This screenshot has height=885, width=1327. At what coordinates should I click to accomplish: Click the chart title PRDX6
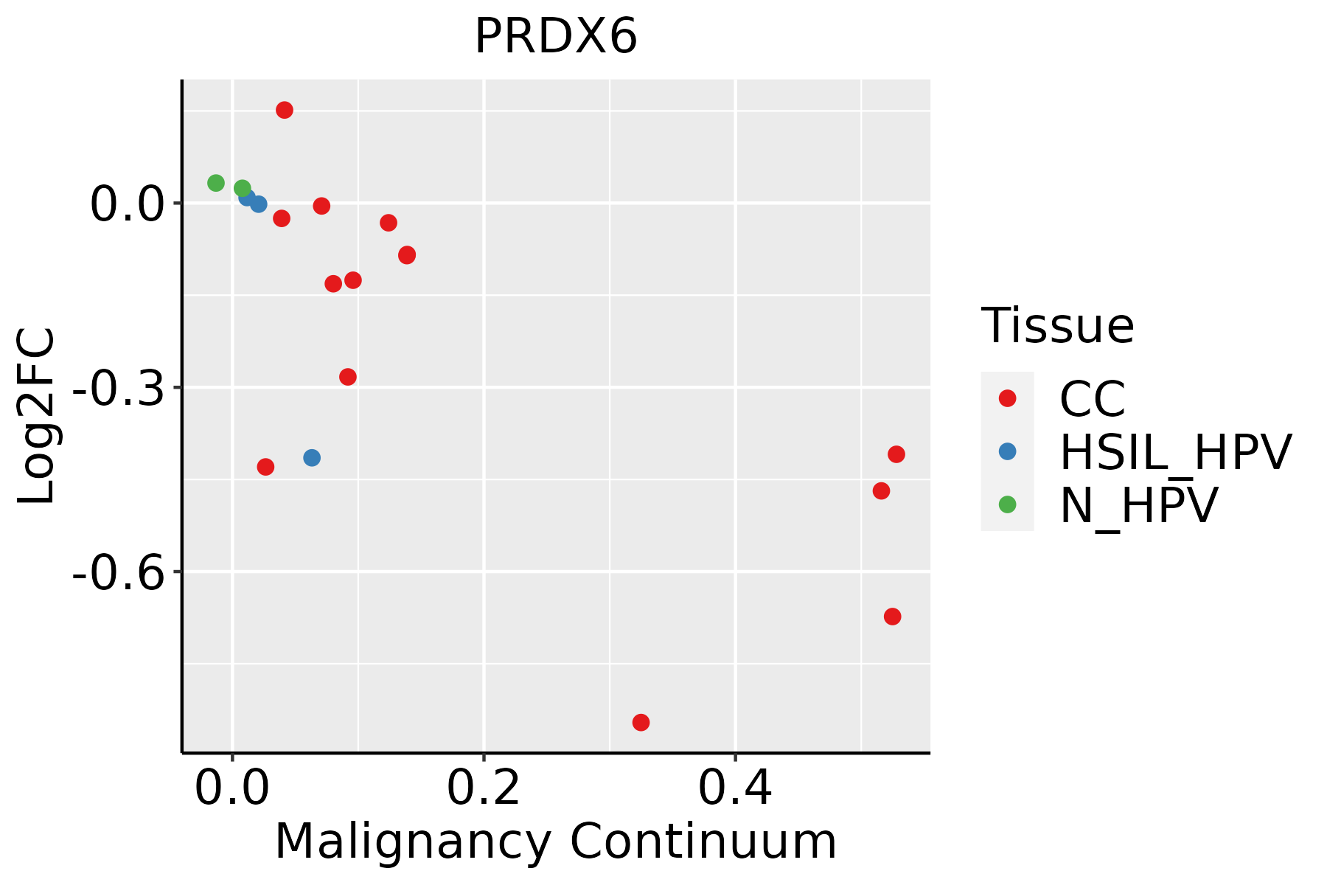click(x=556, y=37)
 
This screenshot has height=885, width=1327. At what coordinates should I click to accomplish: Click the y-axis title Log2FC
click(x=37, y=416)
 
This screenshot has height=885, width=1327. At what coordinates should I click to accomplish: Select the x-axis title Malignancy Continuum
click(x=556, y=841)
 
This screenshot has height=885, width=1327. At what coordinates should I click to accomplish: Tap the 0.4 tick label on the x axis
click(x=735, y=788)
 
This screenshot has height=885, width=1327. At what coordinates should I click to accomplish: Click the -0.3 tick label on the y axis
click(x=116, y=387)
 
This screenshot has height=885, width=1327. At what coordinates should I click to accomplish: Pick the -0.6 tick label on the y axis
click(x=116, y=572)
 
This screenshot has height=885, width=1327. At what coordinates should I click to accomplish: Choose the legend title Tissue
click(x=1057, y=325)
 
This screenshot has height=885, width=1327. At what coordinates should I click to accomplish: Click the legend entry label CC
click(x=1093, y=399)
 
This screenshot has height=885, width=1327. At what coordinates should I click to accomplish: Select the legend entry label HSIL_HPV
click(x=1175, y=452)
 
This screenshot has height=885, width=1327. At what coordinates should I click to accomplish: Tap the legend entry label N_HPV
click(x=1138, y=505)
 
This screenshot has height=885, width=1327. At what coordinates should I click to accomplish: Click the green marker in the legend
click(x=1007, y=504)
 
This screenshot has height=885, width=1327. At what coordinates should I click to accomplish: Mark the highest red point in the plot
click(x=285, y=110)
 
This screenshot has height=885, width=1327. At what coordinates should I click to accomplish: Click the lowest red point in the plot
click(x=641, y=722)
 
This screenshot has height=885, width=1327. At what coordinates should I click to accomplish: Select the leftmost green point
click(x=216, y=183)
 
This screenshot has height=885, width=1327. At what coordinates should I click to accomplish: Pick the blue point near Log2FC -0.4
click(x=312, y=458)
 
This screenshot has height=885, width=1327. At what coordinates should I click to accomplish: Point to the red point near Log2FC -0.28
click(x=348, y=377)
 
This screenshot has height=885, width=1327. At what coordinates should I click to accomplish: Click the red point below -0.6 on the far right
click(x=893, y=617)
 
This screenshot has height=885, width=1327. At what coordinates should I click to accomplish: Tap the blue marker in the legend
click(x=1007, y=451)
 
